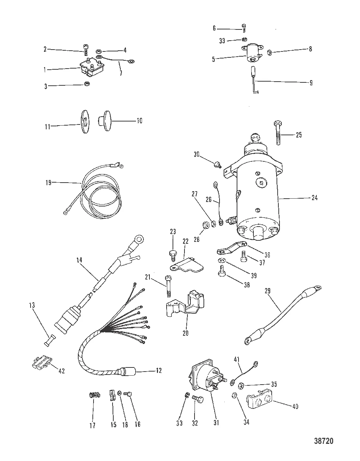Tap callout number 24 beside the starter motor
click(x=315, y=198)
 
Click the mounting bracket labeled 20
click(x=184, y=302)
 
